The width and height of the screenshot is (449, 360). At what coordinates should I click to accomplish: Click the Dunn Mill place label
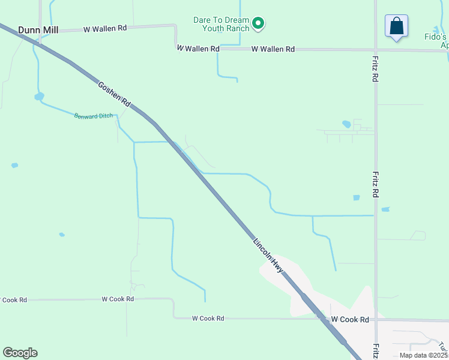click(x=38, y=29)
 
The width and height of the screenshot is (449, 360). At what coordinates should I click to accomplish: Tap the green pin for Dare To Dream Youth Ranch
click(x=259, y=24)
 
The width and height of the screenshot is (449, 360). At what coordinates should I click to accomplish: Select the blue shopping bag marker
click(x=396, y=27)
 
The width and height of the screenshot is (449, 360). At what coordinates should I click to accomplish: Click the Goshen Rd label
click(x=114, y=94)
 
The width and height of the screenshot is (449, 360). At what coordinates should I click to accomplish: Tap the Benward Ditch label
click(x=93, y=116)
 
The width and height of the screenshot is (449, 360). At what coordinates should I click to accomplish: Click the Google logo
click(x=20, y=352)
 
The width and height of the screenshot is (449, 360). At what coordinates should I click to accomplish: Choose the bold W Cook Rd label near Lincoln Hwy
click(x=350, y=320)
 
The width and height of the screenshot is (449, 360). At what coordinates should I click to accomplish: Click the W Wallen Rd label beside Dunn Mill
click(x=105, y=28)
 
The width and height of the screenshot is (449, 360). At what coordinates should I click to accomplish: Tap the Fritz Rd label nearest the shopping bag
click(x=375, y=69)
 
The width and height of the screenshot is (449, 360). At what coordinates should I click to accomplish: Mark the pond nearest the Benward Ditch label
click(x=39, y=96)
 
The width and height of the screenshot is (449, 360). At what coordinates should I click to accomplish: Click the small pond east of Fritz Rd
click(x=385, y=209)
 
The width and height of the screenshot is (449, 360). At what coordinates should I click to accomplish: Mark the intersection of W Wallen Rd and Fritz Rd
click(x=376, y=50)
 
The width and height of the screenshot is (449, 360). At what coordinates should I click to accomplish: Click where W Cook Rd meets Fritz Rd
click(x=376, y=320)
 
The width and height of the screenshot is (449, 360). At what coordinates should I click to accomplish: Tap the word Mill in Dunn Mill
click(x=49, y=29)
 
